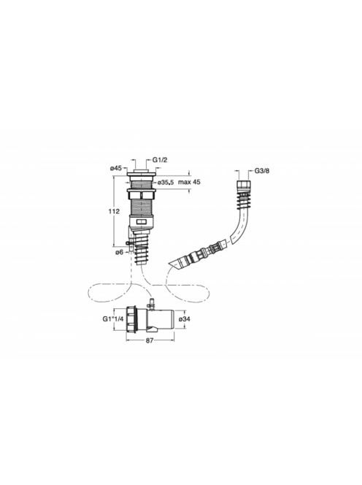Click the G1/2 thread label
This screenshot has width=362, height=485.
click(x=160, y=160)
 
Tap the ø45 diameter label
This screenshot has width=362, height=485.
click(x=116, y=168)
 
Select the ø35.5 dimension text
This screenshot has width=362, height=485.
click(x=165, y=183)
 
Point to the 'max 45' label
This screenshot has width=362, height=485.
click(x=189, y=182)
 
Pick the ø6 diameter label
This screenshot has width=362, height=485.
click(x=119, y=253)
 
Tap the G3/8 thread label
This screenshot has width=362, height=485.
click(x=262, y=171)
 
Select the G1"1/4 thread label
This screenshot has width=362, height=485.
click(x=113, y=319)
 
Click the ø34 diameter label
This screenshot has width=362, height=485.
click(x=183, y=319)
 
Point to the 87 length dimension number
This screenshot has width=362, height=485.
click(x=150, y=340)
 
